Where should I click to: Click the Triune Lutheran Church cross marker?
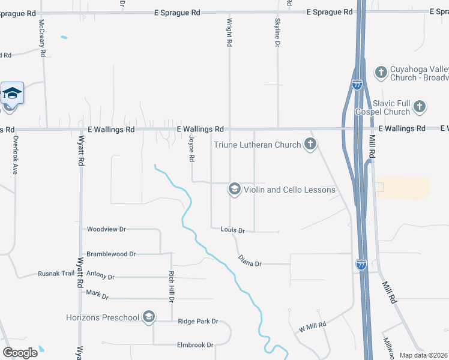[x=310, y=144]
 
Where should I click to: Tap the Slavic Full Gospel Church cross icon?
[x=420, y=107]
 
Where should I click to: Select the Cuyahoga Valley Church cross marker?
[x=381, y=73]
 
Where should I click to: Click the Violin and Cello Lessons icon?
[x=234, y=190]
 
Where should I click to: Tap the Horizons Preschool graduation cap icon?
[x=149, y=317]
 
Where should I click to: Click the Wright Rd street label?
[x=229, y=32]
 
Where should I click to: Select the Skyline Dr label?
[x=277, y=32]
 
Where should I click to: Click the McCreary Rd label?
[x=43, y=37]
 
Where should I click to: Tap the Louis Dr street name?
[x=233, y=230]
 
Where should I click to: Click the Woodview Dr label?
[x=106, y=229]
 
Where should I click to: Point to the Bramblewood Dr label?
[x=111, y=254]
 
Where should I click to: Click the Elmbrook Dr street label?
[x=195, y=345]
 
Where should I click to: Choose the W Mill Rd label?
[x=312, y=326]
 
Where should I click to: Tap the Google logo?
[x=20, y=352]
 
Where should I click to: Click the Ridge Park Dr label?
[x=198, y=322]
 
